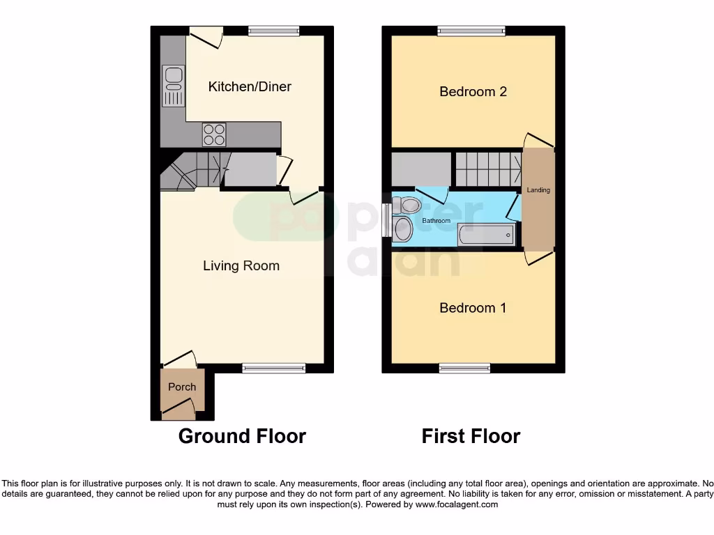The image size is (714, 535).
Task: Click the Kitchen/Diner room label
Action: pos(250,86)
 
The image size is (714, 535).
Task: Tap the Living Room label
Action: pos(241,265)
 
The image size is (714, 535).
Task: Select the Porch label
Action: pos(182,387)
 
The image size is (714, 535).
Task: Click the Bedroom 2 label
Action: pos(473,91)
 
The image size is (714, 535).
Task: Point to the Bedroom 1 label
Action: pos(473,308)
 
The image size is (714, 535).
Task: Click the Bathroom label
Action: pos(436,221)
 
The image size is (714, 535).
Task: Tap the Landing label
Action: pos(538,190)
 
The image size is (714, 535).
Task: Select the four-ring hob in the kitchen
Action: pos(214,134)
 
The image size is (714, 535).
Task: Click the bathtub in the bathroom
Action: pos(486,235)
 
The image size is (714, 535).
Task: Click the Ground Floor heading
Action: pos(242,436)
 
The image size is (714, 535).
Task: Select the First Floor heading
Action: pos(471,436)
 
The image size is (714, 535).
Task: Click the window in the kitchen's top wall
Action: pos(274,30)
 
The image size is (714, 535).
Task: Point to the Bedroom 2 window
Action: pos(471,30)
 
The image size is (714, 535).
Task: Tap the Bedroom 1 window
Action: pos(464,368)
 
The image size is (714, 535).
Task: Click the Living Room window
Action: pos(274,368)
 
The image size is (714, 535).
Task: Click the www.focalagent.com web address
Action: pos(455,504)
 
